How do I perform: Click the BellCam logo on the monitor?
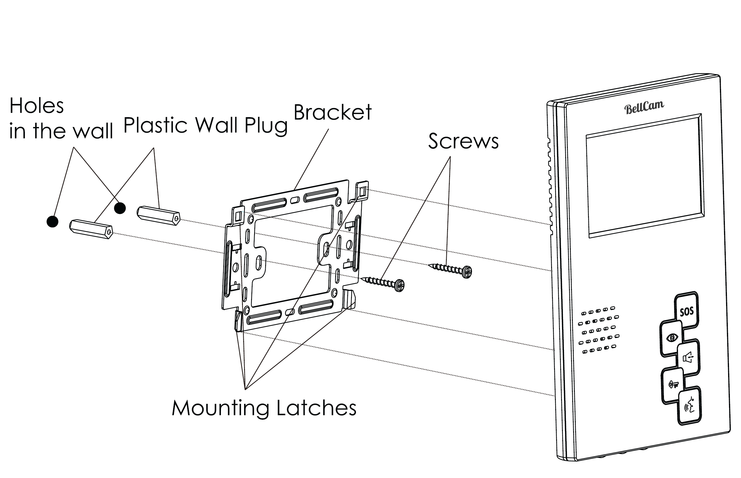click(644, 107)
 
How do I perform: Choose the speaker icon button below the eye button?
click(688, 358)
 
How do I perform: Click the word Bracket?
click(333, 112)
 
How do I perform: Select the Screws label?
click(463, 141)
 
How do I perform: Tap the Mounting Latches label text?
click(264, 408)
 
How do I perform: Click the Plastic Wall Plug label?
click(205, 125)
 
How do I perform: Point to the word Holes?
click(37, 106)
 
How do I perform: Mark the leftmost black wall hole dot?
click(52, 222)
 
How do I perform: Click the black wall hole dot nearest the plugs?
click(120, 208)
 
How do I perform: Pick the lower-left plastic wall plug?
click(91, 229)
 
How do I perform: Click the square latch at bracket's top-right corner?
click(362, 191)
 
